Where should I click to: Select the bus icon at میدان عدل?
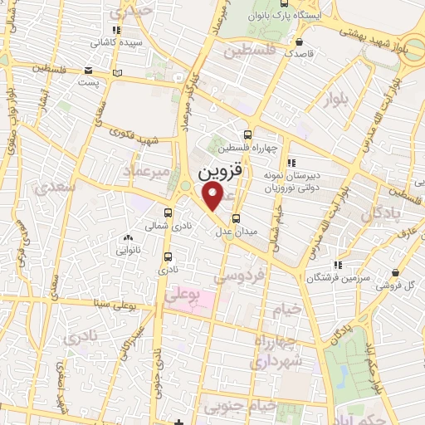click(x=237, y=219)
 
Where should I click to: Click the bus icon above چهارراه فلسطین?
click(x=247, y=135)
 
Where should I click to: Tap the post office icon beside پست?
click(x=118, y=75)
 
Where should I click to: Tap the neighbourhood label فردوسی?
click(x=243, y=273)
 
